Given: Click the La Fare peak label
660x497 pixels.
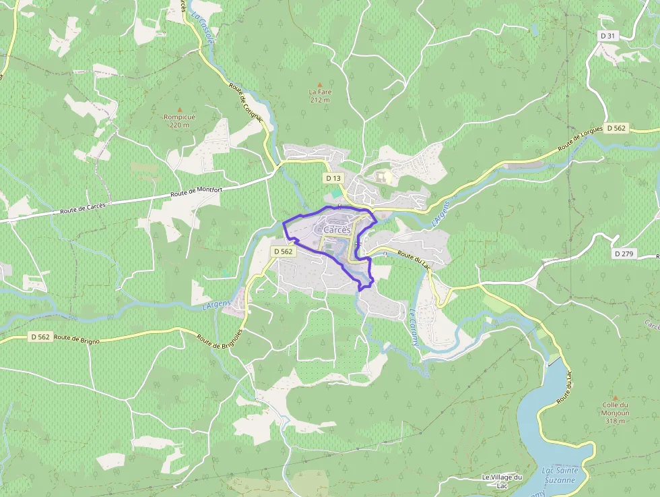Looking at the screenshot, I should pos(320,96).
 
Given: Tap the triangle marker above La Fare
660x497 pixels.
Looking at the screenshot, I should pos(320,84).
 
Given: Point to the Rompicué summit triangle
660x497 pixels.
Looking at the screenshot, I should pos(179,109).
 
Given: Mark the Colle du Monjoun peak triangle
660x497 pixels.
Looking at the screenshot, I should pos(614,398).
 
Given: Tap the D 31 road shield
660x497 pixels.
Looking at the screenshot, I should pos(607,35).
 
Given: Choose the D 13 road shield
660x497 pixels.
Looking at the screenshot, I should pos(333,179).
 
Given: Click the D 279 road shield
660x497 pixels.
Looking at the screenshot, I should pos(624,254).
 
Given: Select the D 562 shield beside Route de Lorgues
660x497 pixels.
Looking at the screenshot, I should pos(616,128).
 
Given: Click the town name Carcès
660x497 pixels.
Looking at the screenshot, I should pos(337,230).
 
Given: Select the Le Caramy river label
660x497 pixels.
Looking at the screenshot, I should pos(414,326).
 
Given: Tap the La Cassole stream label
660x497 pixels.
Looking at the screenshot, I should pos(203,28).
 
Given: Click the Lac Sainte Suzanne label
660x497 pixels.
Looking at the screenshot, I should pos(559,475).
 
